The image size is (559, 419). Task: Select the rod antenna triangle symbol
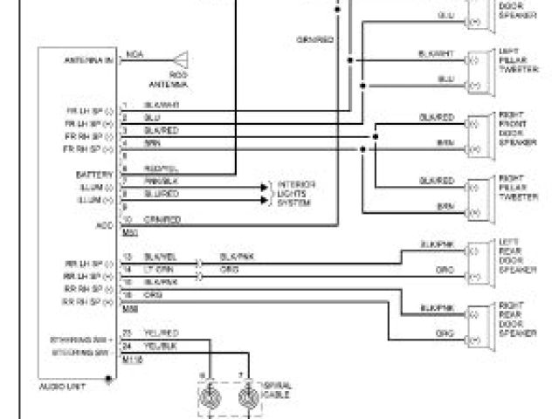183,61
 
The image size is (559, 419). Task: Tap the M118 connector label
132,359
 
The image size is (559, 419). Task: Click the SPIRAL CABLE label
277,388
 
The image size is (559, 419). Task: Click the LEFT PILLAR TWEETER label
512,64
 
